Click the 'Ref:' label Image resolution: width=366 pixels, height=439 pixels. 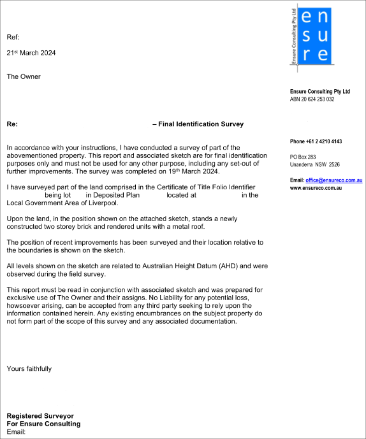tap(13, 38)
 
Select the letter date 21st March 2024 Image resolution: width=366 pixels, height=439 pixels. tap(31, 53)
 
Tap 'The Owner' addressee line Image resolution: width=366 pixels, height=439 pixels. tap(24, 77)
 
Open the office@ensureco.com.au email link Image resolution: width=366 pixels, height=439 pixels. tap(333, 181)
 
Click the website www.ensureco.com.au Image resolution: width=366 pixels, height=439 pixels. tap(316, 188)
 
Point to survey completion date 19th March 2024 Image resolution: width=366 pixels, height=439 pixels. tap(197, 171)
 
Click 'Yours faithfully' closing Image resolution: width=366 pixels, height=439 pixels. tap(29, 368)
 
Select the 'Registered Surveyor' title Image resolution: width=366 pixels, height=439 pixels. tap(40, 416)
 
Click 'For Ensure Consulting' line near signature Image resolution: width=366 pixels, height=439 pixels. tap(43, 424)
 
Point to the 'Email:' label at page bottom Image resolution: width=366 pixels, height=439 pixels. tap(16, 432)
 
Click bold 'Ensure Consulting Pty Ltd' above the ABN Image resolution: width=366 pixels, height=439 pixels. tap(320, 92)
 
